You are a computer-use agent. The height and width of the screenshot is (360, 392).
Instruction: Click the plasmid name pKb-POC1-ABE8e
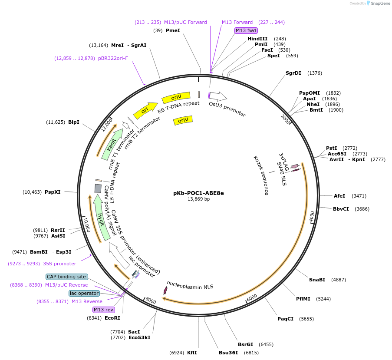point(198,193)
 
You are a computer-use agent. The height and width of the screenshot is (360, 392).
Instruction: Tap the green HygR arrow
point(101,218)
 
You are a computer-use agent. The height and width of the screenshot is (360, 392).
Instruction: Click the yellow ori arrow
point(145,110)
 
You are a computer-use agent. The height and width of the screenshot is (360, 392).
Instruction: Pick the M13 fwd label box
point(246,30)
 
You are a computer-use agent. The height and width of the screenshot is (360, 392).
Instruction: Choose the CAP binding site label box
point(67,277)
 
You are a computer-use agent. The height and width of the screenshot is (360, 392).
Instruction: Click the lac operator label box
point(84,293)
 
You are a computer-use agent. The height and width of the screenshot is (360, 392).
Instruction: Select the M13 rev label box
point(104,310)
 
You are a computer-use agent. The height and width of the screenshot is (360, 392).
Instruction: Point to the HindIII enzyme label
point(257,39)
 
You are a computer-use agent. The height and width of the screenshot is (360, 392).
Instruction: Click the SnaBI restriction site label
point(317,280)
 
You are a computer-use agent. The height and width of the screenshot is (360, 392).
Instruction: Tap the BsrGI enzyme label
point(246,344)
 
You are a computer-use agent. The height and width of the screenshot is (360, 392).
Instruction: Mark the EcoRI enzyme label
point(112,318)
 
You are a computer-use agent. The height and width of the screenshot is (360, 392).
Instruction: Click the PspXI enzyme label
point(53,192)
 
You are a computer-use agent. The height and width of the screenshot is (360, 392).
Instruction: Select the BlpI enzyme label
point(73,122)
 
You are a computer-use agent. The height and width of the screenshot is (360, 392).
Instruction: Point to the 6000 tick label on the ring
point(252,297)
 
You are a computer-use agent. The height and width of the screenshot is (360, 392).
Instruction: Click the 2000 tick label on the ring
point(285,119)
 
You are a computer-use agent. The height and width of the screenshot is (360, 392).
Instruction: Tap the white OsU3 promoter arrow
point(218,96)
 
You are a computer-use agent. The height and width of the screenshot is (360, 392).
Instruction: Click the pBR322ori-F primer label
point(113,58)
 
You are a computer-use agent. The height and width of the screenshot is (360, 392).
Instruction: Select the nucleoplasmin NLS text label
point(190,285)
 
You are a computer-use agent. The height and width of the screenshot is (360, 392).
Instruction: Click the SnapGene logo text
point(380,3)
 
